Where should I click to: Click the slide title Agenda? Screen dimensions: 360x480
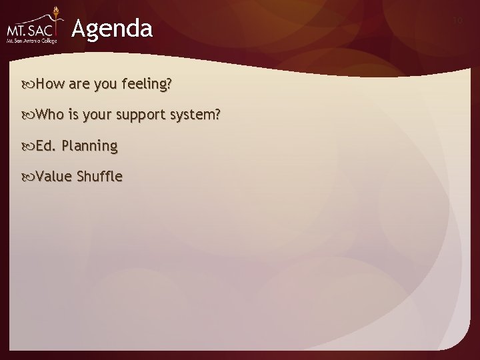click(112, 29)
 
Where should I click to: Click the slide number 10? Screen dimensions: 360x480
click(457, 21)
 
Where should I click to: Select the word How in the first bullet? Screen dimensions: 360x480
click(49, 84)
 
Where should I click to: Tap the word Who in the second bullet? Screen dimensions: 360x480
click(49, 115)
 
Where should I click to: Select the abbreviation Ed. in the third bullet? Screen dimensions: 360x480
click(45, 145)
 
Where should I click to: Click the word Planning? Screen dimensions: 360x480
click(89, 146)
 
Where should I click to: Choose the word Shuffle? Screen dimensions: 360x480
click(99, 176)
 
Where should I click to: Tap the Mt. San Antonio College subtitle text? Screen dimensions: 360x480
click(31, 41)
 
